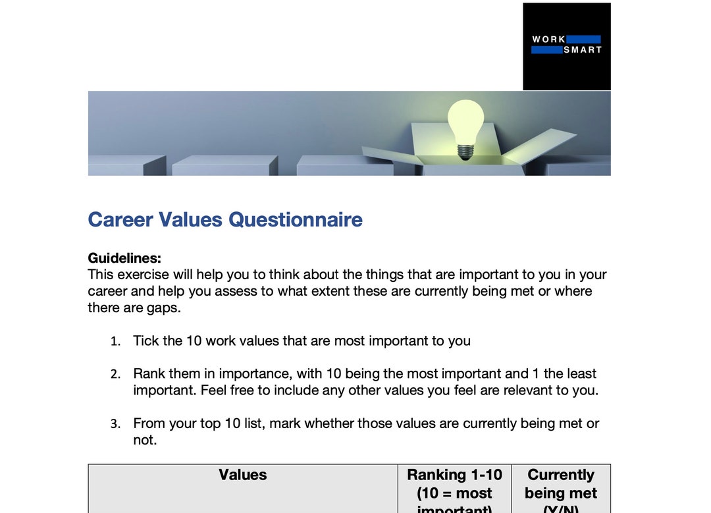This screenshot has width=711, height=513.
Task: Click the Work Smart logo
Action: (x=567, y=46)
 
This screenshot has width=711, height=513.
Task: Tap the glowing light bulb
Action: (x=465, y=122)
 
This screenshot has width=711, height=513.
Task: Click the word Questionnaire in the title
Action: (x=295, y=219)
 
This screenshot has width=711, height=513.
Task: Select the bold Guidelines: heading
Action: (x=124, y=258)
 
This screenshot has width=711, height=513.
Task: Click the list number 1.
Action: (x=115, y=341)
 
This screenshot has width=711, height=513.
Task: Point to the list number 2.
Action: (x=115, y=374)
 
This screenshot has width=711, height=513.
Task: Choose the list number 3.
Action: (x=115, y=424)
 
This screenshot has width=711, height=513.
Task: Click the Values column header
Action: (x=243, y=475)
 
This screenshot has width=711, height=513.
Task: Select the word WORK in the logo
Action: (x=548, y=40)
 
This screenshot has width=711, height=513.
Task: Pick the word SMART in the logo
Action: (x=583, y=50)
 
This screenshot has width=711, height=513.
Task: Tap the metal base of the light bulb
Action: (x=465, y=151)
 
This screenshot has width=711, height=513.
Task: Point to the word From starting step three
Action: (x=149, y=423)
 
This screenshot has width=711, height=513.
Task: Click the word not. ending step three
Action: (x=145, y=440)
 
